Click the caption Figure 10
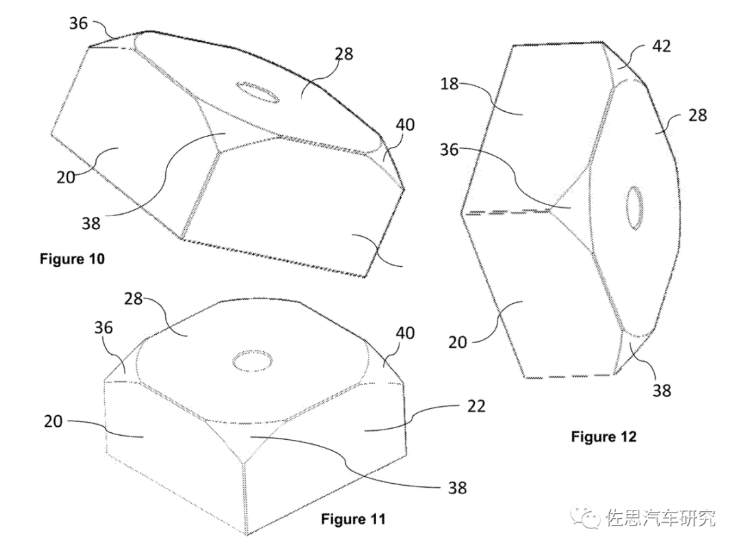point(72,259)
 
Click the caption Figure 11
point(353,519)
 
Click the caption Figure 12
point(604,436)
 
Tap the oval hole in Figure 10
point(257,91)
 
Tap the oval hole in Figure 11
point(254,361)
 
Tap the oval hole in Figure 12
point(634,205)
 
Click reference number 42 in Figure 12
point(661,46)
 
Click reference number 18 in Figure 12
point(449,84)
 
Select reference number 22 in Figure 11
point(476,406)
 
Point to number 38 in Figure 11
point(457,487)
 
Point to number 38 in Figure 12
point(662,390)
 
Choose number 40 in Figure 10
point(405,125)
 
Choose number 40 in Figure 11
point(405,333)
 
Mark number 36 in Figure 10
point(78,23)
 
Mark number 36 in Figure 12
point(449,150)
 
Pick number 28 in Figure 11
point(133,298)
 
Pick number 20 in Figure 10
point(66,177)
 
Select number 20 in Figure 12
point(457,342)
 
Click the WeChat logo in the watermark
point(584,517)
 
